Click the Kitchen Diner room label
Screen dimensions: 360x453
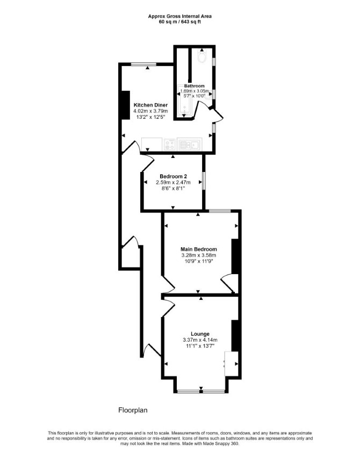[150, 105]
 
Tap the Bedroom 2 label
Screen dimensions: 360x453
[173, 176]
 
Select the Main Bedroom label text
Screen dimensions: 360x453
[198, 249]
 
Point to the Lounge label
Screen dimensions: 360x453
[200, 334]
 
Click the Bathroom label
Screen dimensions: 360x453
[194, 86]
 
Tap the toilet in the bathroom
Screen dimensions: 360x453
[201, 56]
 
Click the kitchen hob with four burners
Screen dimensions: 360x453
[170, 144]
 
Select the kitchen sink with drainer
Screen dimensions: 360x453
[190, 144]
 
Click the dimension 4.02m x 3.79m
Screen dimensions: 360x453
[150, 111]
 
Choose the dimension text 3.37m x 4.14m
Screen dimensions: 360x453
[200, 340]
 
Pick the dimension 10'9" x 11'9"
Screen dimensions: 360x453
[198, 261]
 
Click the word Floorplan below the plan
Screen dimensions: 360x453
[133, 410]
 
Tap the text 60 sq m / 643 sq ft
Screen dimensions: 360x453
[179, 21]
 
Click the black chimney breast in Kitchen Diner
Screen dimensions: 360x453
[125, 105]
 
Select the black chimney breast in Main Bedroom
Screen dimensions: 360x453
[235, 256]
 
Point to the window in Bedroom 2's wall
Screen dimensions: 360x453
[204, 181]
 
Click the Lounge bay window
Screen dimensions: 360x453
[201, 391]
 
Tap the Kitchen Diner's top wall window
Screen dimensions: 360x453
[143, 64]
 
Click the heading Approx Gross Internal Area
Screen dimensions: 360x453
[179, 17]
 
